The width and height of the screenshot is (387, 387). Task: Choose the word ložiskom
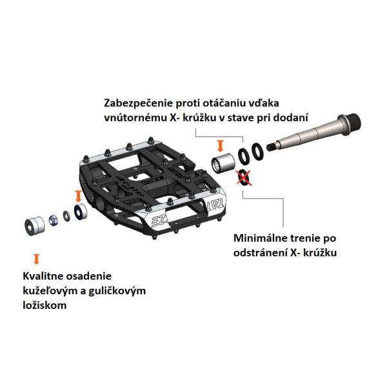tap(45, 305)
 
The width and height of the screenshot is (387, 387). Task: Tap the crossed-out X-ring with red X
tap(244, 177)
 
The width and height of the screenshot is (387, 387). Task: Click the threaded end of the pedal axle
tap(351, 123)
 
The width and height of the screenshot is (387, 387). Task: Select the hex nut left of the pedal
tap(54, 220)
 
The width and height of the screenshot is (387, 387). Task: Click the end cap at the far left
tap(35, 226)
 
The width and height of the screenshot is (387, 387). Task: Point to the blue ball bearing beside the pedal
tap(80, 212)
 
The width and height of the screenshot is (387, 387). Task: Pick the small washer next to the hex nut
tap(66, 216)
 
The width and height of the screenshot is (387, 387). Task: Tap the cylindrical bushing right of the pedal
tap(224, 163)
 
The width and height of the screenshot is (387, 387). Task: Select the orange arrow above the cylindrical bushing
tap(221, 146)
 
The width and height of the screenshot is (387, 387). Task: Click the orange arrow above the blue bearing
tap(78, 196)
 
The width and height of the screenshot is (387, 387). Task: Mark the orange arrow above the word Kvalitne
tap(37, 259)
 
